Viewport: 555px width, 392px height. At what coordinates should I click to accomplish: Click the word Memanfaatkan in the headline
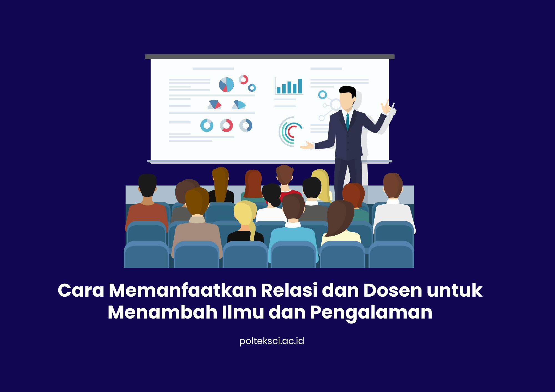[x=182, y=290]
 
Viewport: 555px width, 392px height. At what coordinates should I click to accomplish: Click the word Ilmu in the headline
[x=243, y=312]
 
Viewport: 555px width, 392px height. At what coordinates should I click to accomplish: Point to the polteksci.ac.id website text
[x=272, y=341]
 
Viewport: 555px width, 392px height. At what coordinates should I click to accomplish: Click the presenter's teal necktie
[x=347, y=122]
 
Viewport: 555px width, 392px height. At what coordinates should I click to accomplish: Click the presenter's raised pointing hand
[x=386, y=106]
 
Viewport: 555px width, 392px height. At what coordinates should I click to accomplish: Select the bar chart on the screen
[x=289, y=86]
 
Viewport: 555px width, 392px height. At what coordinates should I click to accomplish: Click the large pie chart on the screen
[x=226, y=85]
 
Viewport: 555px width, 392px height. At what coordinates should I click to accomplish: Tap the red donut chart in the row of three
[x=226, y=126]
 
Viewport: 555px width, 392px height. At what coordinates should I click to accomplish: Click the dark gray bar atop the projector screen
[x=270, y=57]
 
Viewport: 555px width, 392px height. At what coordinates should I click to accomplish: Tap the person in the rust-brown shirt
[x=147, y=205]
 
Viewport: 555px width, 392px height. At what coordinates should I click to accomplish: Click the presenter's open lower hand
[x=307, y=145]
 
